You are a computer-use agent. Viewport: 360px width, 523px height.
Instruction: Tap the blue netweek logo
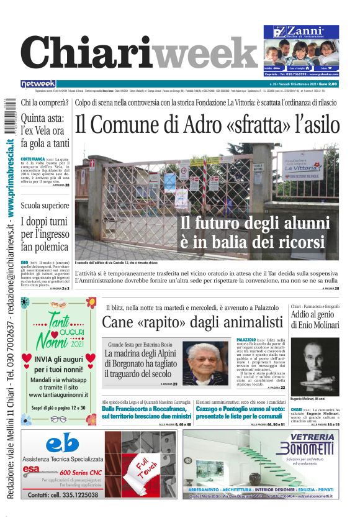point(38,83)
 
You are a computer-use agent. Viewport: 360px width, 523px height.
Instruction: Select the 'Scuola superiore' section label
point(45,205)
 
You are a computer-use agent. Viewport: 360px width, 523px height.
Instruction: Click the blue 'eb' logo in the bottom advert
point(62,443)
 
